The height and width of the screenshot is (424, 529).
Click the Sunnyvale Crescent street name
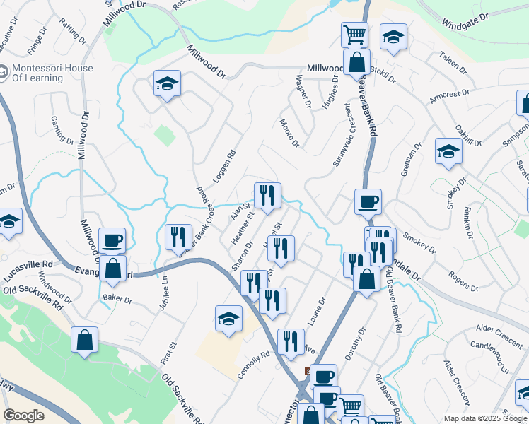(x=342, y=135)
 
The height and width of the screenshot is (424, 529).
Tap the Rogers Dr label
(x=463, y=279)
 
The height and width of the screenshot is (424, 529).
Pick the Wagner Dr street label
(x=303, y=91)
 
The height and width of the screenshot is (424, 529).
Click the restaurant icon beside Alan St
(x=267, y=194)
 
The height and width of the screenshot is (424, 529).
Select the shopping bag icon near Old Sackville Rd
(x=85, y=339)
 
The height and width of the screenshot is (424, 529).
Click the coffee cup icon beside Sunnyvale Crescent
(x=368, y=201)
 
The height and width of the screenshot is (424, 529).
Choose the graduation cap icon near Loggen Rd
(x=167, y=83)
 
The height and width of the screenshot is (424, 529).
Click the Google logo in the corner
(x=23, y=416)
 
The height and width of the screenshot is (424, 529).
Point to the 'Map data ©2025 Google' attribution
(x=484, y=418)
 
